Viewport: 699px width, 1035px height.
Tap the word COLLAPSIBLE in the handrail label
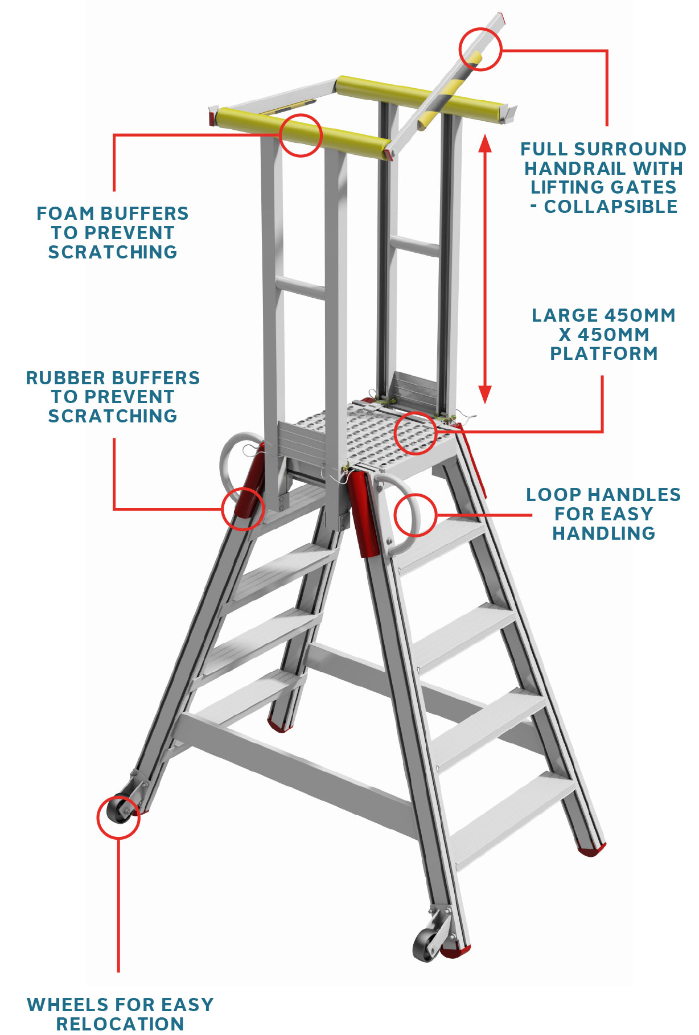pyautogui.click(x=611, y=207)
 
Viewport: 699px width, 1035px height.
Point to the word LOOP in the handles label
pyautogui.click(x=550, y=495)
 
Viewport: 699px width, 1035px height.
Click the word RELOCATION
pyautogui.click(x=120, y=1024)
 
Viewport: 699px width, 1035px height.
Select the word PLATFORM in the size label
pyautogui.click(x=604, y=354)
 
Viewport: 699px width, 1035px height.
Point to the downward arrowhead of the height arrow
pyautogui.click(x=485, y=395)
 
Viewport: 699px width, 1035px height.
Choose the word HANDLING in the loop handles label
pyautogui.click(x=604, y=533)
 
